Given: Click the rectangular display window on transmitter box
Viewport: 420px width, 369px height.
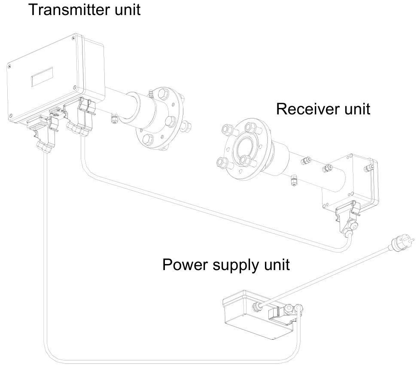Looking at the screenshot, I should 42,78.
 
